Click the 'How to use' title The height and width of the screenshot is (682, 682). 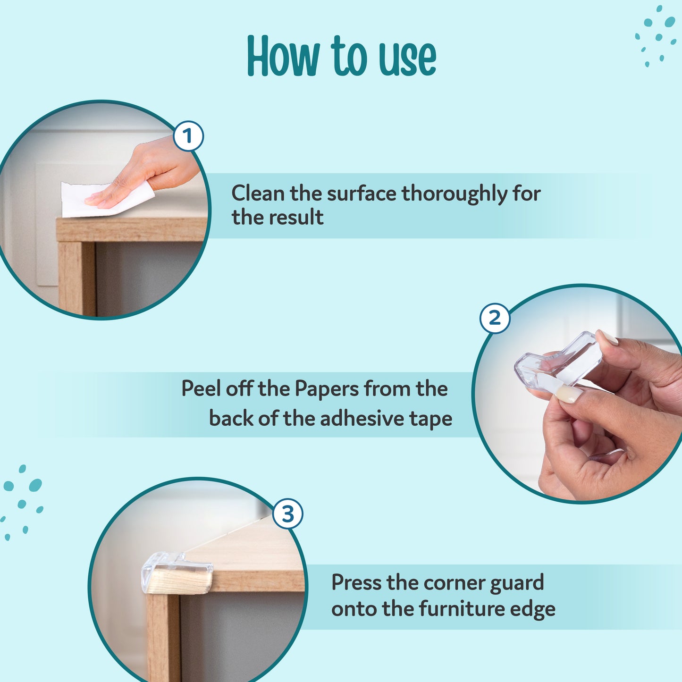pyautogui.click(x=341, y=57)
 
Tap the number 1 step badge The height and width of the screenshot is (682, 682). pyautogui.click(x=188, y=136)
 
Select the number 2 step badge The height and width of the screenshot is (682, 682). pyautogui.click(x=495, y=318)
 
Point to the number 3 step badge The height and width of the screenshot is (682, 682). pyautogui.click(x=288, y=514)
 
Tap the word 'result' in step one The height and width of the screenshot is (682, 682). pyautogui.click(x=296, y=218)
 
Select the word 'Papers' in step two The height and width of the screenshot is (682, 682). pyautogui.click(x=327, y=389)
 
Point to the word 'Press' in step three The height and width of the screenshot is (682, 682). pyautogui.click(x=356, y=582)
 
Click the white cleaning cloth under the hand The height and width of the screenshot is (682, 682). pyautogui.click(x=76, y=201)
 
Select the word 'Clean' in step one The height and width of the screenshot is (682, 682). pyautogui.click(x=257, y=194)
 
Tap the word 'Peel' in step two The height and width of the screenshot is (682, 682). pyautogui.click(x=201, y=389)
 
